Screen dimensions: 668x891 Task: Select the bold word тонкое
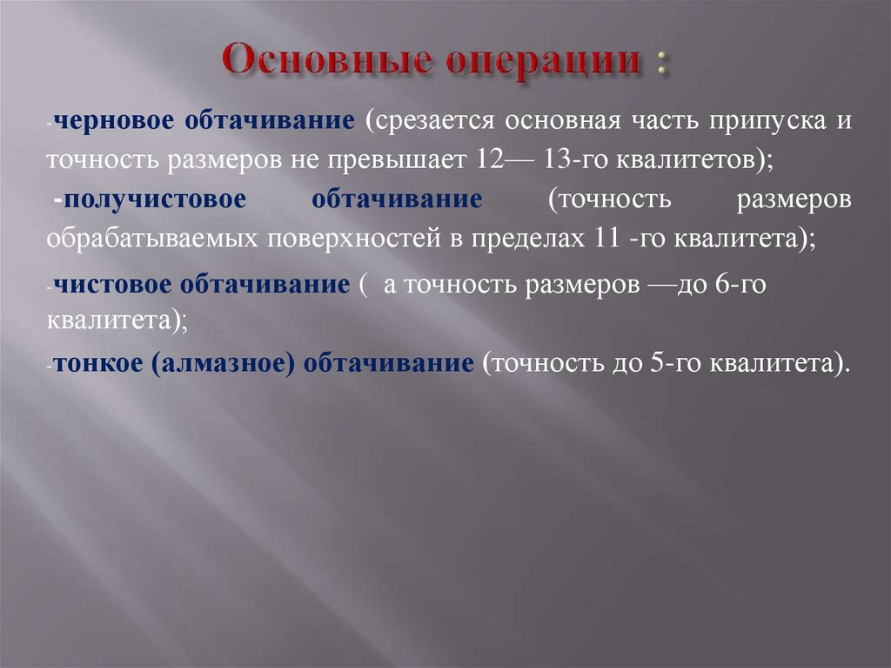[97, 363]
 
